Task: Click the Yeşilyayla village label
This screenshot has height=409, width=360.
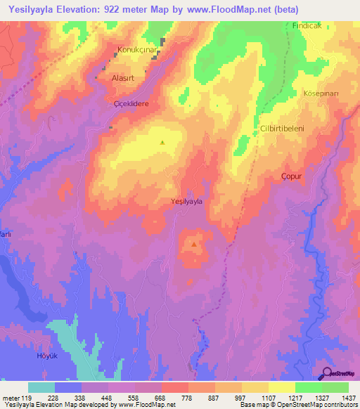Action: coord(187,202)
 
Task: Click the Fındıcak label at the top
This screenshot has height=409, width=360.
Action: coord(307,25)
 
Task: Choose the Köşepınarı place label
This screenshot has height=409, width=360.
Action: coord(322,93)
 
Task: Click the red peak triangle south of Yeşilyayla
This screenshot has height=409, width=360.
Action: coord(194,245)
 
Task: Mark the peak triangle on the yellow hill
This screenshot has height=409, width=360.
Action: coord(162,143)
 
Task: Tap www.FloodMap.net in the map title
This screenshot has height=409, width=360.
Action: coord(227,10)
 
